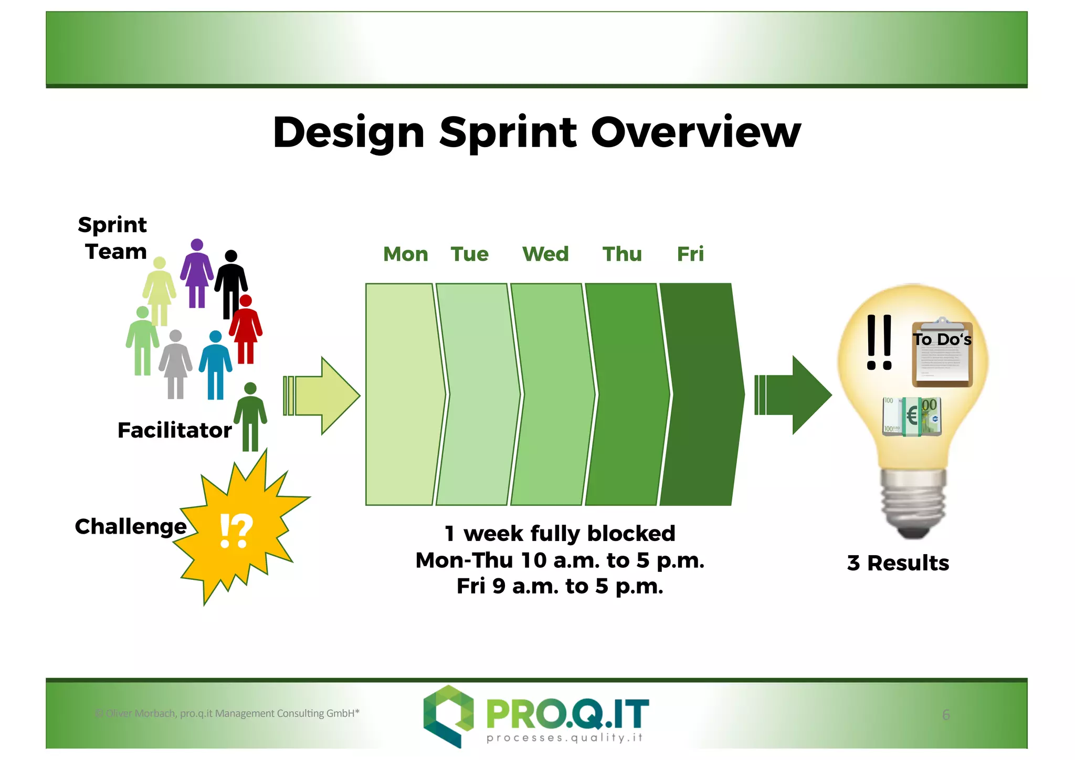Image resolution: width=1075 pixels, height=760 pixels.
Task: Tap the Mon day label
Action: coord(405,254)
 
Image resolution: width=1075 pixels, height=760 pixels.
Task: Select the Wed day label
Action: coord(545,254)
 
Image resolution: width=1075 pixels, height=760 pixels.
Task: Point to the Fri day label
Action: coord(690,254)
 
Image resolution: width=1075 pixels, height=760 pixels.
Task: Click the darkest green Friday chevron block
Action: coord(701,394)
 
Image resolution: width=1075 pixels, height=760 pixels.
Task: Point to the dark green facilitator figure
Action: coord(250,418)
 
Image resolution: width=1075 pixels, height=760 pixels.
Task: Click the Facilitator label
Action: coord(174,431)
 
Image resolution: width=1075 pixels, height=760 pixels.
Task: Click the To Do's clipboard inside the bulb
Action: coord(942,355)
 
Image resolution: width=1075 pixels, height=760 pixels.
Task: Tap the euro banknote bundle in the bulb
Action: coord(912,417)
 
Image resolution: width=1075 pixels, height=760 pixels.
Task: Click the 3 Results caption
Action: coord(898,563)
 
